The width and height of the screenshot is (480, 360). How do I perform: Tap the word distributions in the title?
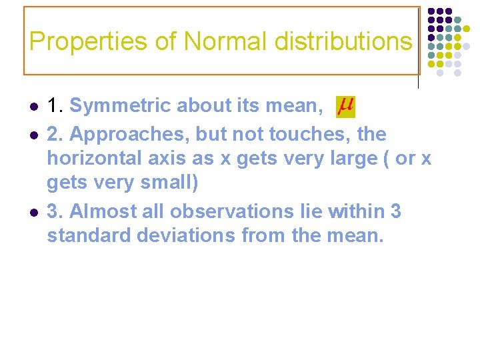346,41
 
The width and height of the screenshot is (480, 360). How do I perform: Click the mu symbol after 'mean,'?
345,105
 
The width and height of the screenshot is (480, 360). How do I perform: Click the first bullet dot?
33,107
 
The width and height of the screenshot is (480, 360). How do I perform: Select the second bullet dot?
33,135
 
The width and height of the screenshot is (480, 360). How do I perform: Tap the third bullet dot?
33,212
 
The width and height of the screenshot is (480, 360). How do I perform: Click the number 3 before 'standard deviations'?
395,211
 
